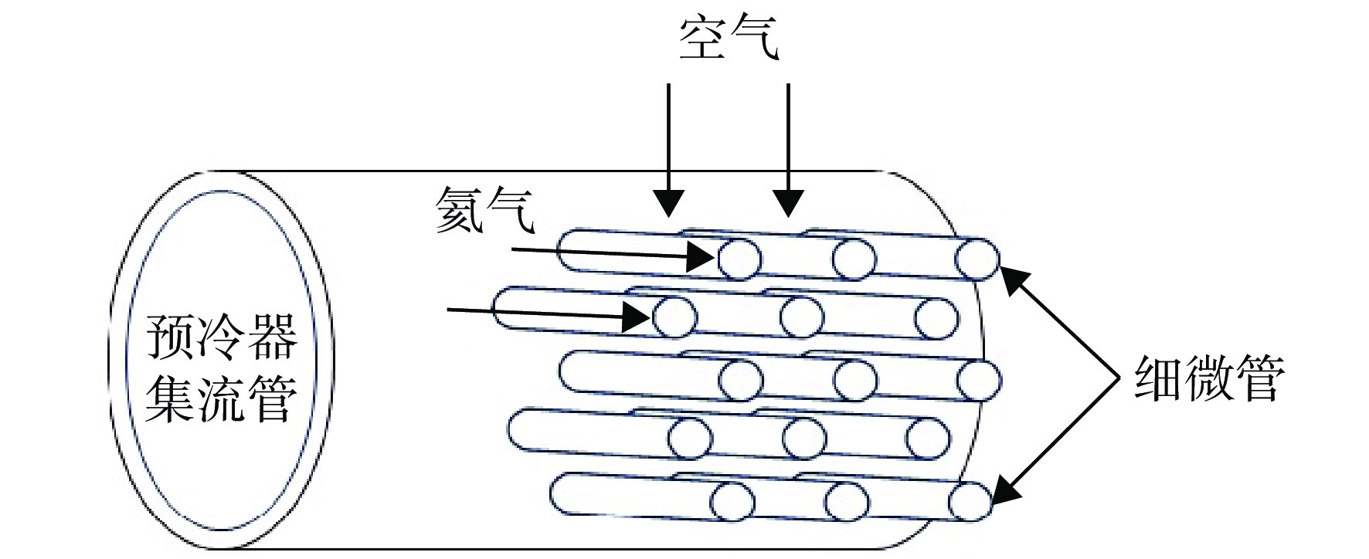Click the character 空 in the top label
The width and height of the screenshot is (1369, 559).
[x=703, y=39]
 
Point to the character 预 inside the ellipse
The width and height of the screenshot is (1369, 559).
[x=172, y=337]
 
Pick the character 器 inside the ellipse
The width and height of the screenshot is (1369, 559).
[x=272, y=337]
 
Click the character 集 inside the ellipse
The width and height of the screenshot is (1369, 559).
[x=172, y=398]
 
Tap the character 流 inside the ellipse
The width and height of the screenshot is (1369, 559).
[x=222, y=398]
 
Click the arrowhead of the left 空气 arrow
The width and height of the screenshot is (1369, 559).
[x=669, y=203]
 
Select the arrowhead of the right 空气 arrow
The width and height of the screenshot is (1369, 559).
[x=788, y=203]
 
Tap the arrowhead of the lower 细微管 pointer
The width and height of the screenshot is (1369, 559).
[x=1004, y=489]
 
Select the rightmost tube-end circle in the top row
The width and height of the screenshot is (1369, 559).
[x=977, y=258]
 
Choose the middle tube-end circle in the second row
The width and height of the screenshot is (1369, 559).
[x=802, y=317]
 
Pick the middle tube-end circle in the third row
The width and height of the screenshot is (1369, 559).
[x=855, y=380]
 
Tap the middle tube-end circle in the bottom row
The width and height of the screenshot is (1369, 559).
[x=847, y=501]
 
